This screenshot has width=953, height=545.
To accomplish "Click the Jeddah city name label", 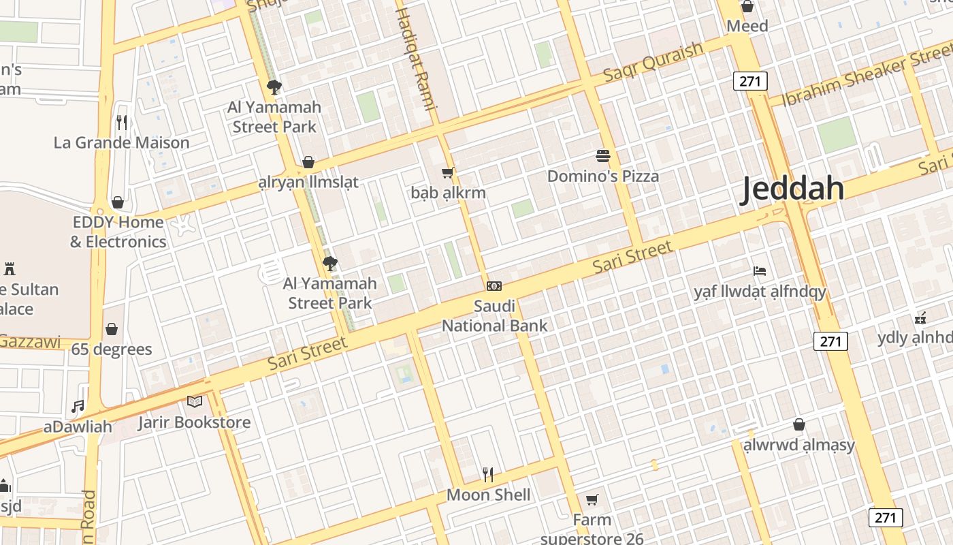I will tap(792, 188).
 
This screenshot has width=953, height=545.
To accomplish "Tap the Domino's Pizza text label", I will tap(603, 176).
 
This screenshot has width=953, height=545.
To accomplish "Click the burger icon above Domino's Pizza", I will tap(603, 156).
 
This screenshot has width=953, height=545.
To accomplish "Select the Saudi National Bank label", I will tap(495, 316).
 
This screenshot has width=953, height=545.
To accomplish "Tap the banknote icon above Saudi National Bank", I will tap(494, 286).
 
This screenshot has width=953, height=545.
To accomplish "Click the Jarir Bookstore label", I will tap(195, 422).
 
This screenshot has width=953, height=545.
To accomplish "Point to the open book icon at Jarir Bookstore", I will tap(195, 401).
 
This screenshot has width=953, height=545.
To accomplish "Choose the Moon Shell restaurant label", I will tap(488, 495).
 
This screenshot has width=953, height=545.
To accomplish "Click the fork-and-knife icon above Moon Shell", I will tap(488, 473).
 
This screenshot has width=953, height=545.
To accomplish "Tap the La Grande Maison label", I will tap(121, 143).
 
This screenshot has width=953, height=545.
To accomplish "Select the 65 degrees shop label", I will tap(112, 349).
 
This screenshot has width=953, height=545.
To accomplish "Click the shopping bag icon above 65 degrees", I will tap(112, 330).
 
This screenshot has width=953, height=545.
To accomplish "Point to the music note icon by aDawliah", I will tap(78, 407).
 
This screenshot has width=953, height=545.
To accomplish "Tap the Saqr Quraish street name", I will tap(653, 62).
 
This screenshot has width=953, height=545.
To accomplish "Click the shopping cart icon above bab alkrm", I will tap(448, 173).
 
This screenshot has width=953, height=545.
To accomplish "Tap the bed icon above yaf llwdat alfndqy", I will tap(760, 271).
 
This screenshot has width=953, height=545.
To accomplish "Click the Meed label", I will tap(747, 26).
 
